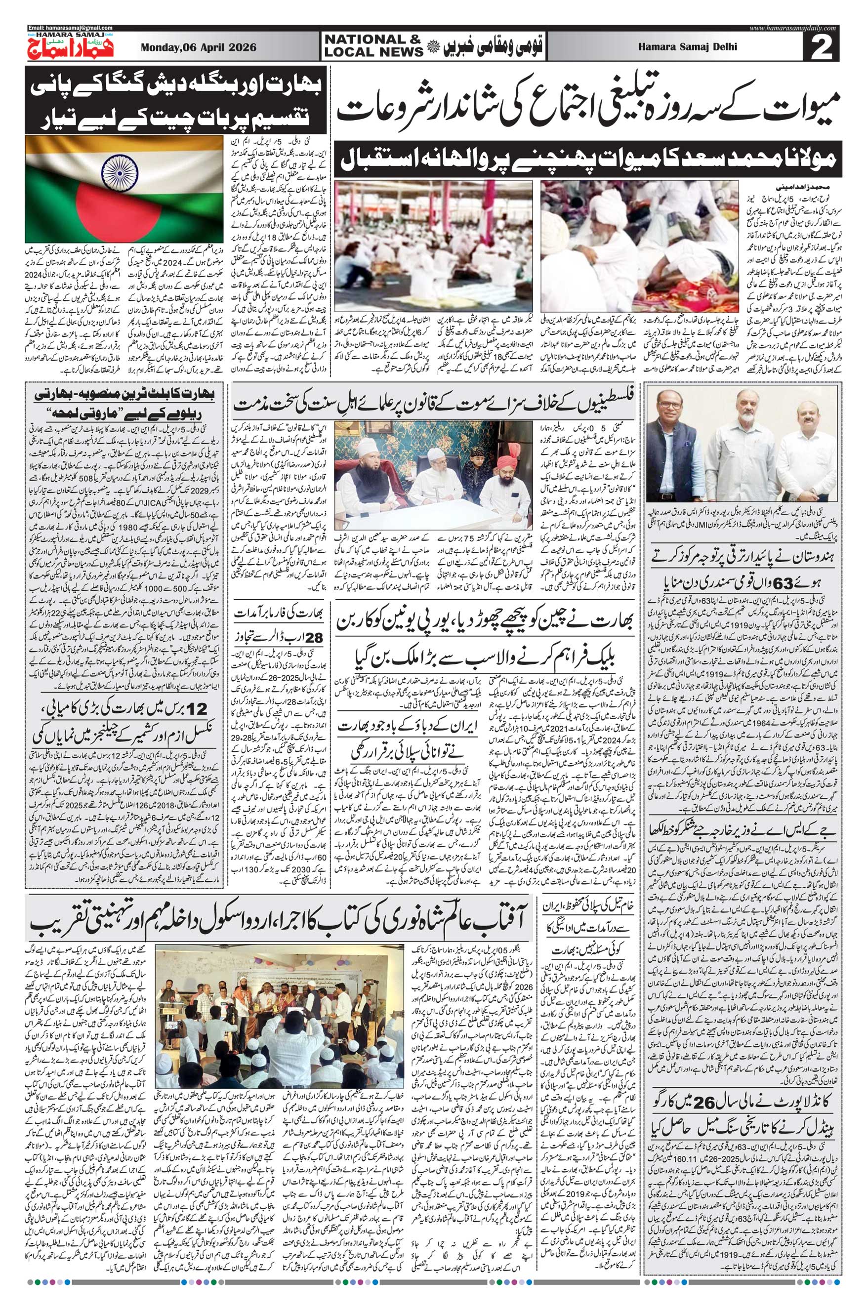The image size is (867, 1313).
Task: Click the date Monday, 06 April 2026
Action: coord(199,47)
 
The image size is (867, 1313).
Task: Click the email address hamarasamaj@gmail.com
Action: coord(70,28)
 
